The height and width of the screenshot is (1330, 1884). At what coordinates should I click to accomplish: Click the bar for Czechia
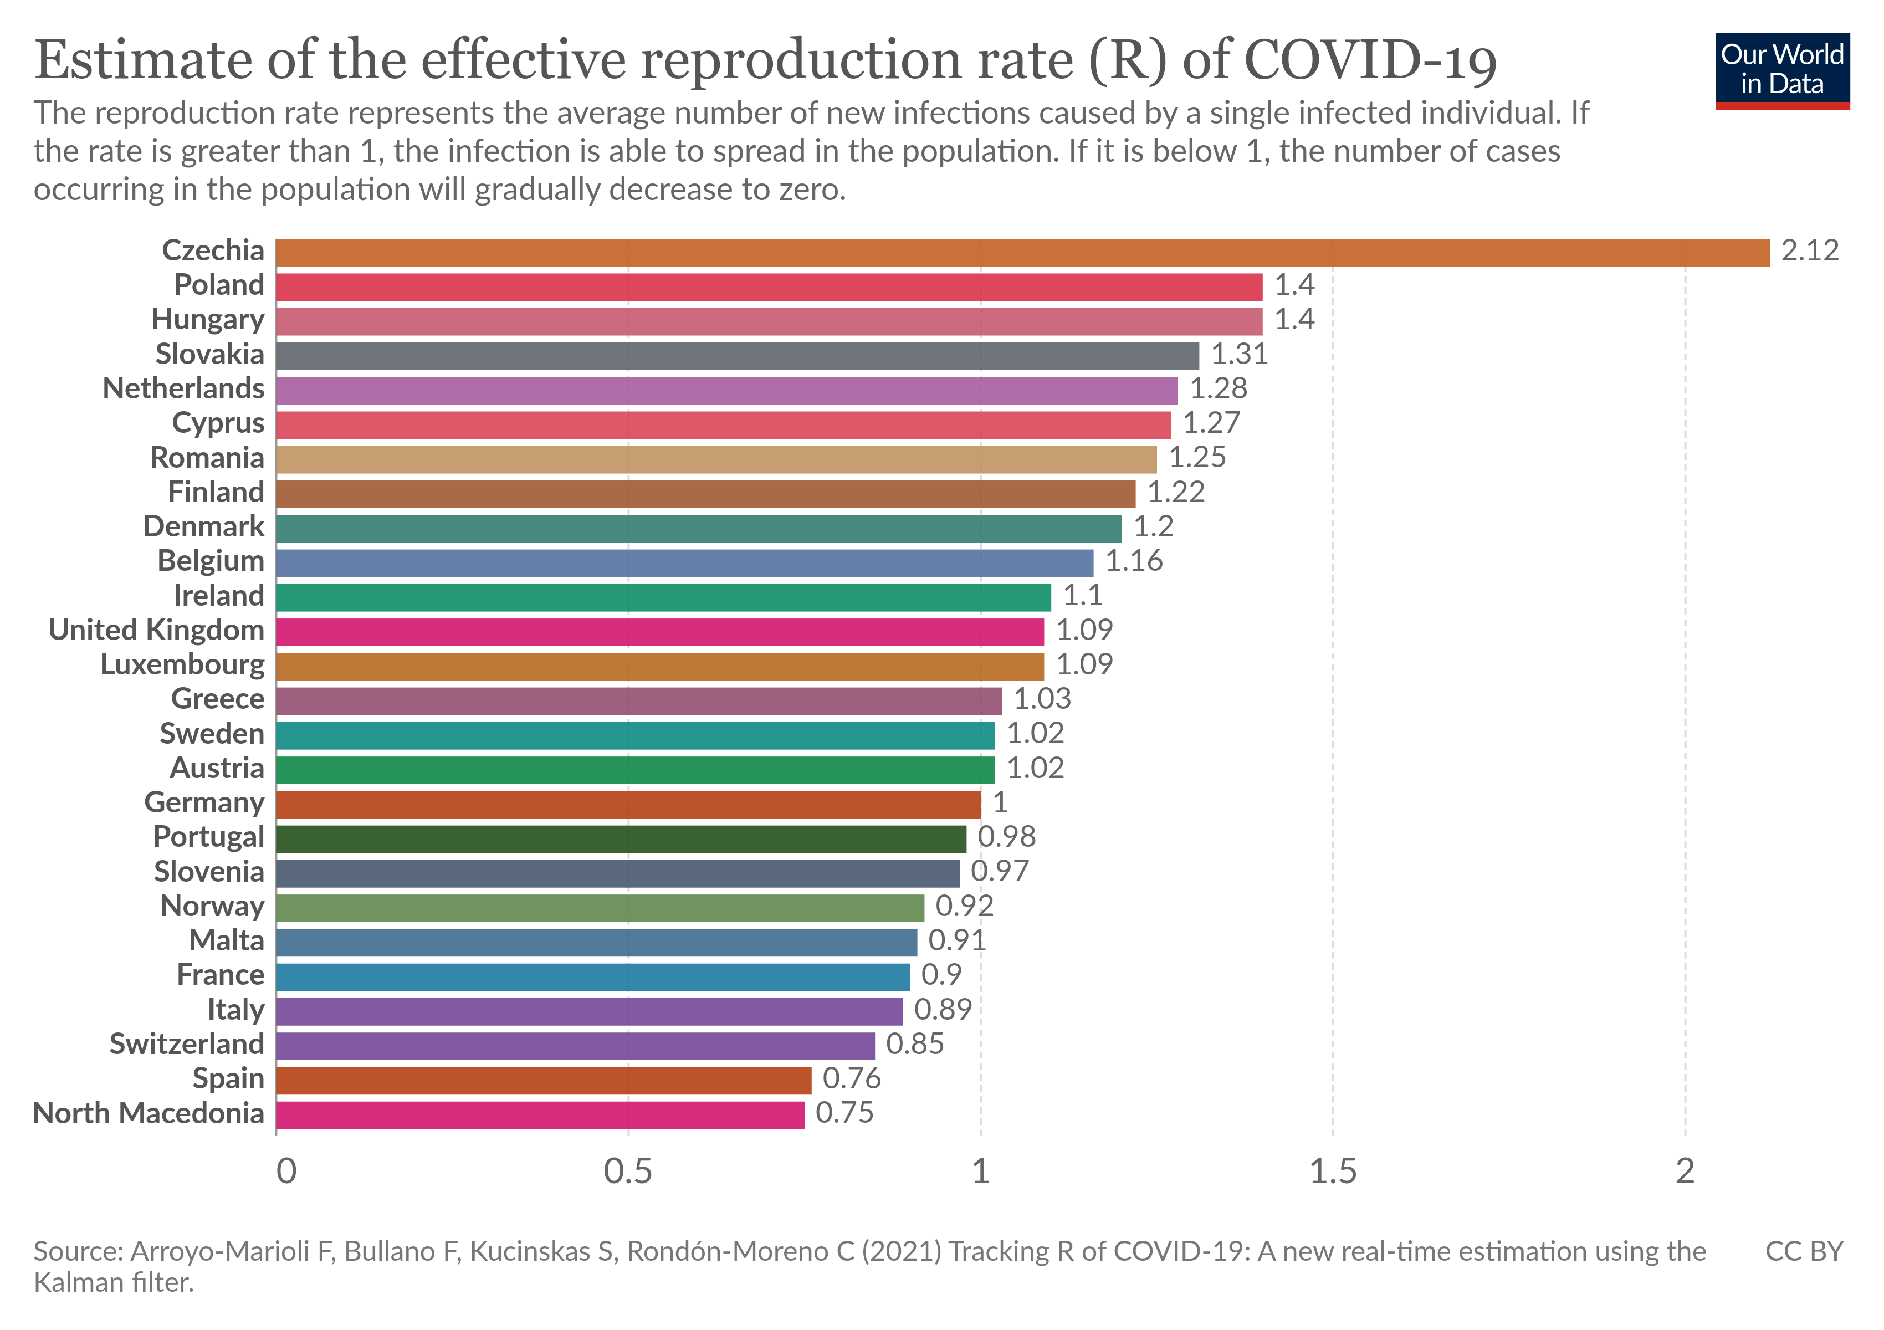coord(1022,253)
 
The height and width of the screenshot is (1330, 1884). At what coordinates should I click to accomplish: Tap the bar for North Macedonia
coord(540,1115)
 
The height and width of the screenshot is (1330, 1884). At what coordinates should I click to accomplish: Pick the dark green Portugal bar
coord(621,838)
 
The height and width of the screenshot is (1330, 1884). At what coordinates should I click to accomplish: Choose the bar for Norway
coord(600,908)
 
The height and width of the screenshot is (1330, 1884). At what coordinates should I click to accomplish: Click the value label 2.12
coord(1809,251)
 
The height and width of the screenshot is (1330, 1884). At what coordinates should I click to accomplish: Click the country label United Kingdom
coord(156,630)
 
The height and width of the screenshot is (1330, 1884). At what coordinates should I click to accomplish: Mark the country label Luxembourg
coord(182,664)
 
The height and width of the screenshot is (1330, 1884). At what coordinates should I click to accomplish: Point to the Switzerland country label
coord(187,1045)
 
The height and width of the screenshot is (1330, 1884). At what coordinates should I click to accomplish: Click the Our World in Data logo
coord(1781,70)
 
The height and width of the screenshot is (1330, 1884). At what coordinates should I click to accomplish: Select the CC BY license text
coord(1804,1252)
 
